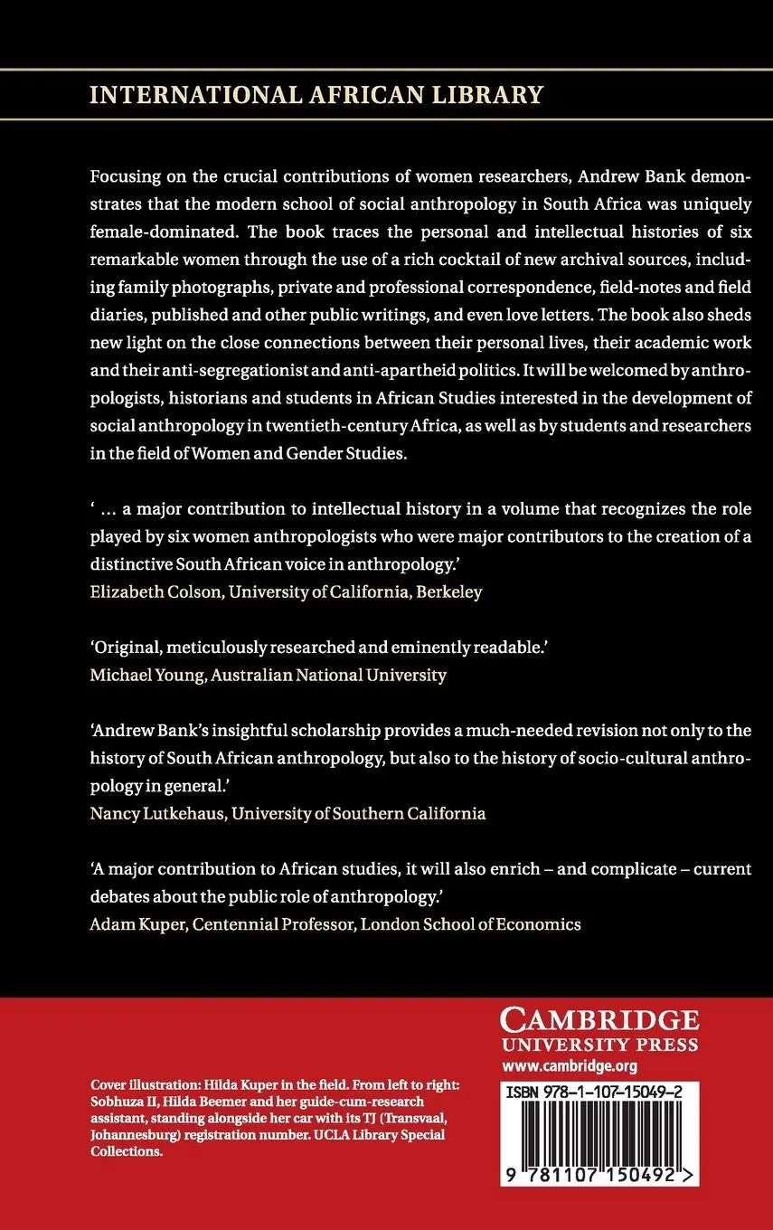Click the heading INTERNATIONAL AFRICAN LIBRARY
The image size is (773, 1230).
coord(316,93)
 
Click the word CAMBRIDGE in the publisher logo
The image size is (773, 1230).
coord(600,1021)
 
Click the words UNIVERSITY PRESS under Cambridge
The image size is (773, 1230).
coord(600,1045)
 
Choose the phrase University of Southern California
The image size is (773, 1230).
coord(358,812)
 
